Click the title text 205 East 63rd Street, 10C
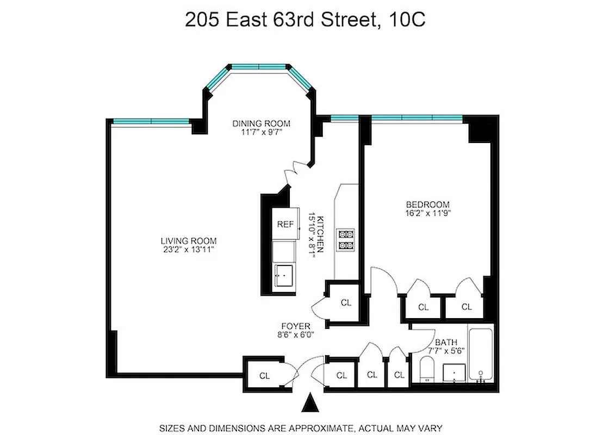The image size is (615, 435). click(305, 20)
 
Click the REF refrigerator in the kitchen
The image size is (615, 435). click(285, 224)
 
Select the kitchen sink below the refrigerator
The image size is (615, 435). click(284, 275)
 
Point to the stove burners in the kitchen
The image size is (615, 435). click(345, 240)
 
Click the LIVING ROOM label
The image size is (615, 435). click(189, 241)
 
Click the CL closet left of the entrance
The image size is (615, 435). click(264, 375)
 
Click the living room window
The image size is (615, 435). click(150, 121)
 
